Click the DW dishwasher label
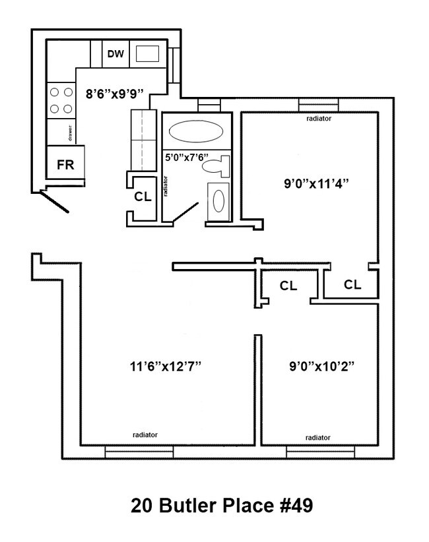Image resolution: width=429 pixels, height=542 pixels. coord(115,54)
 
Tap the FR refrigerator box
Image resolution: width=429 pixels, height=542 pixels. coord(65,165)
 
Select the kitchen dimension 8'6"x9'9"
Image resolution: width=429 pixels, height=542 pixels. coord(115,93)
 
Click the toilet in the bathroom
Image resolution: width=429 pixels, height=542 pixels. coord(216,166)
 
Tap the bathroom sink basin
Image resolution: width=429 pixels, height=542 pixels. coord(220,199)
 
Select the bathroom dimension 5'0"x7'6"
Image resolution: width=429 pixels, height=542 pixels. coord(186,158)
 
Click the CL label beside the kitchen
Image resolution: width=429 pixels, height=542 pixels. coord(143,196)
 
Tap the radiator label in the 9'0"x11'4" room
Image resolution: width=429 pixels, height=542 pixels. coord(318,119)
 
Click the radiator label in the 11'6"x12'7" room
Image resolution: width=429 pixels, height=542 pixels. coord(145,435)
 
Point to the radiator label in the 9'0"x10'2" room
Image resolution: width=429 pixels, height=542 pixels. coord(318,437)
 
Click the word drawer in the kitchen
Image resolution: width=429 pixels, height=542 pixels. coord(69,133)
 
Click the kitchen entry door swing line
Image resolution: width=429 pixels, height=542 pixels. coord(54,202)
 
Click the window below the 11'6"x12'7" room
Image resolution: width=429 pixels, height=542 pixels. coord(139,452)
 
